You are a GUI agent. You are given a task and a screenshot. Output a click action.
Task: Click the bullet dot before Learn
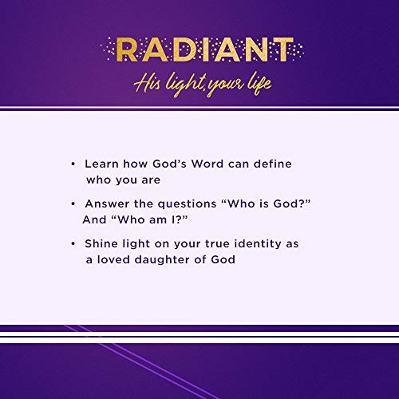point(73,164)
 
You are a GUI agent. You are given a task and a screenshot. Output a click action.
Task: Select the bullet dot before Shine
point(73,243)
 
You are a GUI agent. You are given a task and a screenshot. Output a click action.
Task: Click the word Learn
point(101,164)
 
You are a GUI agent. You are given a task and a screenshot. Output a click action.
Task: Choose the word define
point(271,164)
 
